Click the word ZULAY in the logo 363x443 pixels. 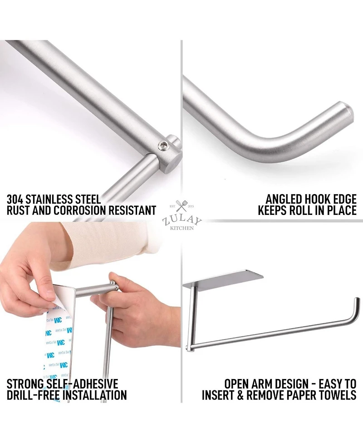pos(181,220)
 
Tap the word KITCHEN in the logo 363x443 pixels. pos(181,228)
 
